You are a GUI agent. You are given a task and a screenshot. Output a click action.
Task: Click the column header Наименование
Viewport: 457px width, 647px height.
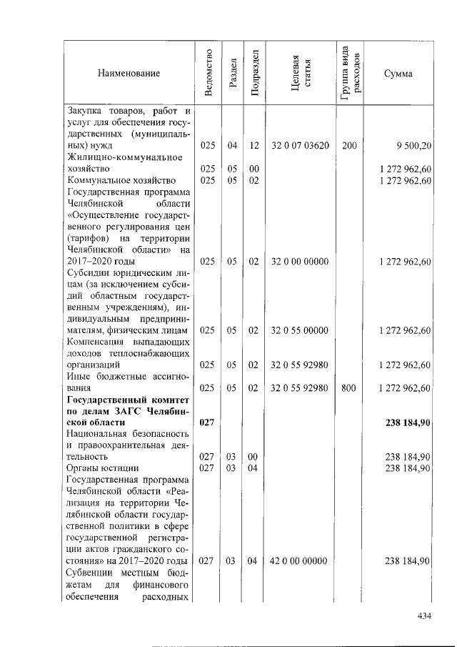coord(129,73)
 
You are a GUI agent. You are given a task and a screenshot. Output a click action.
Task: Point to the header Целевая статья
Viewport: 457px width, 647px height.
coord(300,73)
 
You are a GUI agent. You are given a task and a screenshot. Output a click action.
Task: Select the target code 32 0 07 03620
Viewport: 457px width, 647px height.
coord(300,146)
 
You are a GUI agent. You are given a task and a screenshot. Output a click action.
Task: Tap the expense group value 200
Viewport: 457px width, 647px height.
coord(349,146)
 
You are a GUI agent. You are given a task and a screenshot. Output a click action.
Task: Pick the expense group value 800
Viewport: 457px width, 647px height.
coord(349,388)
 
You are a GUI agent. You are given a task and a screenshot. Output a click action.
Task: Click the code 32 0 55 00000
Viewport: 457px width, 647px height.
coord(300,330)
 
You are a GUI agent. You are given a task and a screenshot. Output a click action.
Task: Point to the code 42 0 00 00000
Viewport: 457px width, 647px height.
coord(300,561)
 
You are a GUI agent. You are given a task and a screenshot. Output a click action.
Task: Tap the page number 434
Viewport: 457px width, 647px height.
coord(426,616)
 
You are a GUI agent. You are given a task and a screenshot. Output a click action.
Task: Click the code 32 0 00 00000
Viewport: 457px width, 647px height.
coord(300,262)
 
